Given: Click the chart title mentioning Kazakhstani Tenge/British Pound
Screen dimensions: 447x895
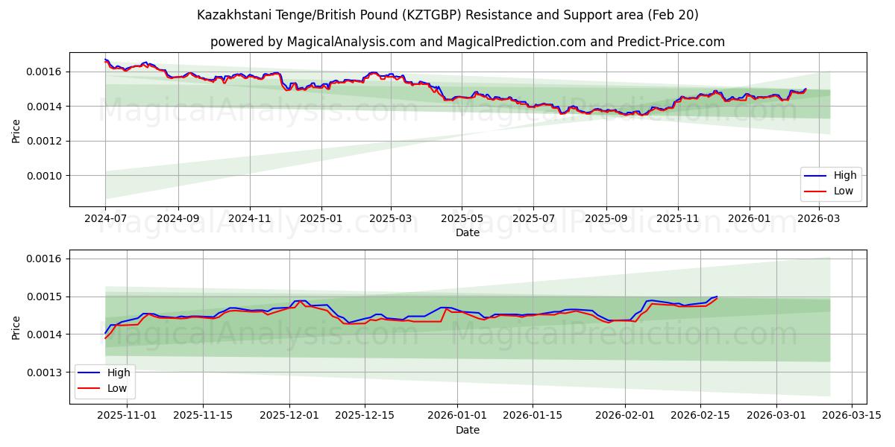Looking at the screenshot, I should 447,15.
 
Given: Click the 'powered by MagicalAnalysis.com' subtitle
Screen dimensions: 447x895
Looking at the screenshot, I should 468,42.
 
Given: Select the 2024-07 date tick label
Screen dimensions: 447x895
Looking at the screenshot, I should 106,219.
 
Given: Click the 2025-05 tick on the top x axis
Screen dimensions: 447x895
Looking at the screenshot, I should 462,219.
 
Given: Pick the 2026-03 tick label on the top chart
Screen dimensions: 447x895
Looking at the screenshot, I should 819,219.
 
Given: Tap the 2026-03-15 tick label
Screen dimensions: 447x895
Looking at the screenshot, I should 852,416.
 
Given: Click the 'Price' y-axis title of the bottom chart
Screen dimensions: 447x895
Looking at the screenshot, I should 16,327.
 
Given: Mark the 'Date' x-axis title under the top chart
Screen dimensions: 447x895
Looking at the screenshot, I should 468,232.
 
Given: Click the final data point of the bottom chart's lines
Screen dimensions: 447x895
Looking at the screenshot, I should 717,297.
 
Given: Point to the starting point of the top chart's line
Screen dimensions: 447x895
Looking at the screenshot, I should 106,60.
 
